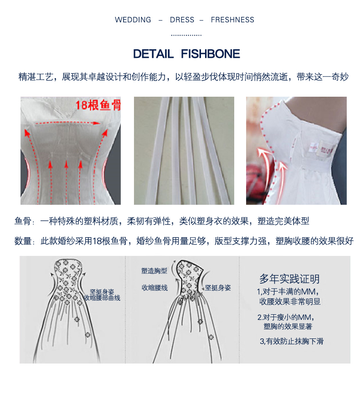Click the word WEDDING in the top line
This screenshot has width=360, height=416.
(x=133, y=20)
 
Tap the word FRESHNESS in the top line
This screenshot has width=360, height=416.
(x=232, y=20)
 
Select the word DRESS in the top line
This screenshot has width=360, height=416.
(x=182, y=20)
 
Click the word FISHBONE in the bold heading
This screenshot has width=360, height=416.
(x=211, y=54)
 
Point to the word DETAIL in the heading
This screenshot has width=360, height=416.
(x=153, y=54)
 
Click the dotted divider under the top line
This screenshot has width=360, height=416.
(x=186, y=35)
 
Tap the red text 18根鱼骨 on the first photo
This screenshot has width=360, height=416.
(x=98, y=105)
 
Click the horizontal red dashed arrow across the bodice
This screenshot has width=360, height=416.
(x=67, y=123)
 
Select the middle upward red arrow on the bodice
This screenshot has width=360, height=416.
(x=66, y=182)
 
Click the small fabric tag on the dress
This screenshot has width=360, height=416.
(x=322, y=148)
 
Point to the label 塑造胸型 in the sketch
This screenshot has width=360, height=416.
(x=154, y=270)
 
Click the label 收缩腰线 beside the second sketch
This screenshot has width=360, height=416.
(x=154, y=287)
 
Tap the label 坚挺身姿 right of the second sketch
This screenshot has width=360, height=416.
(x=218, y=287)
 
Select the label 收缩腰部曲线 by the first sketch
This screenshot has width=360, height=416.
(x=103, y=298)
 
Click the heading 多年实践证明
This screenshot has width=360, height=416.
(x=289, y=279)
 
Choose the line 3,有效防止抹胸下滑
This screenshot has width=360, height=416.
(x=292, y=341)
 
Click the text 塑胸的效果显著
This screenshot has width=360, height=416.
(x=288, y=326)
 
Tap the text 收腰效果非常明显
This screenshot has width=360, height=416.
(x=290, y=302)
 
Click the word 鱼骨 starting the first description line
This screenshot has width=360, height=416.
(x=23, y=221)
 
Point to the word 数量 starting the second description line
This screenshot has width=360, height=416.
(x=23, y=241)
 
